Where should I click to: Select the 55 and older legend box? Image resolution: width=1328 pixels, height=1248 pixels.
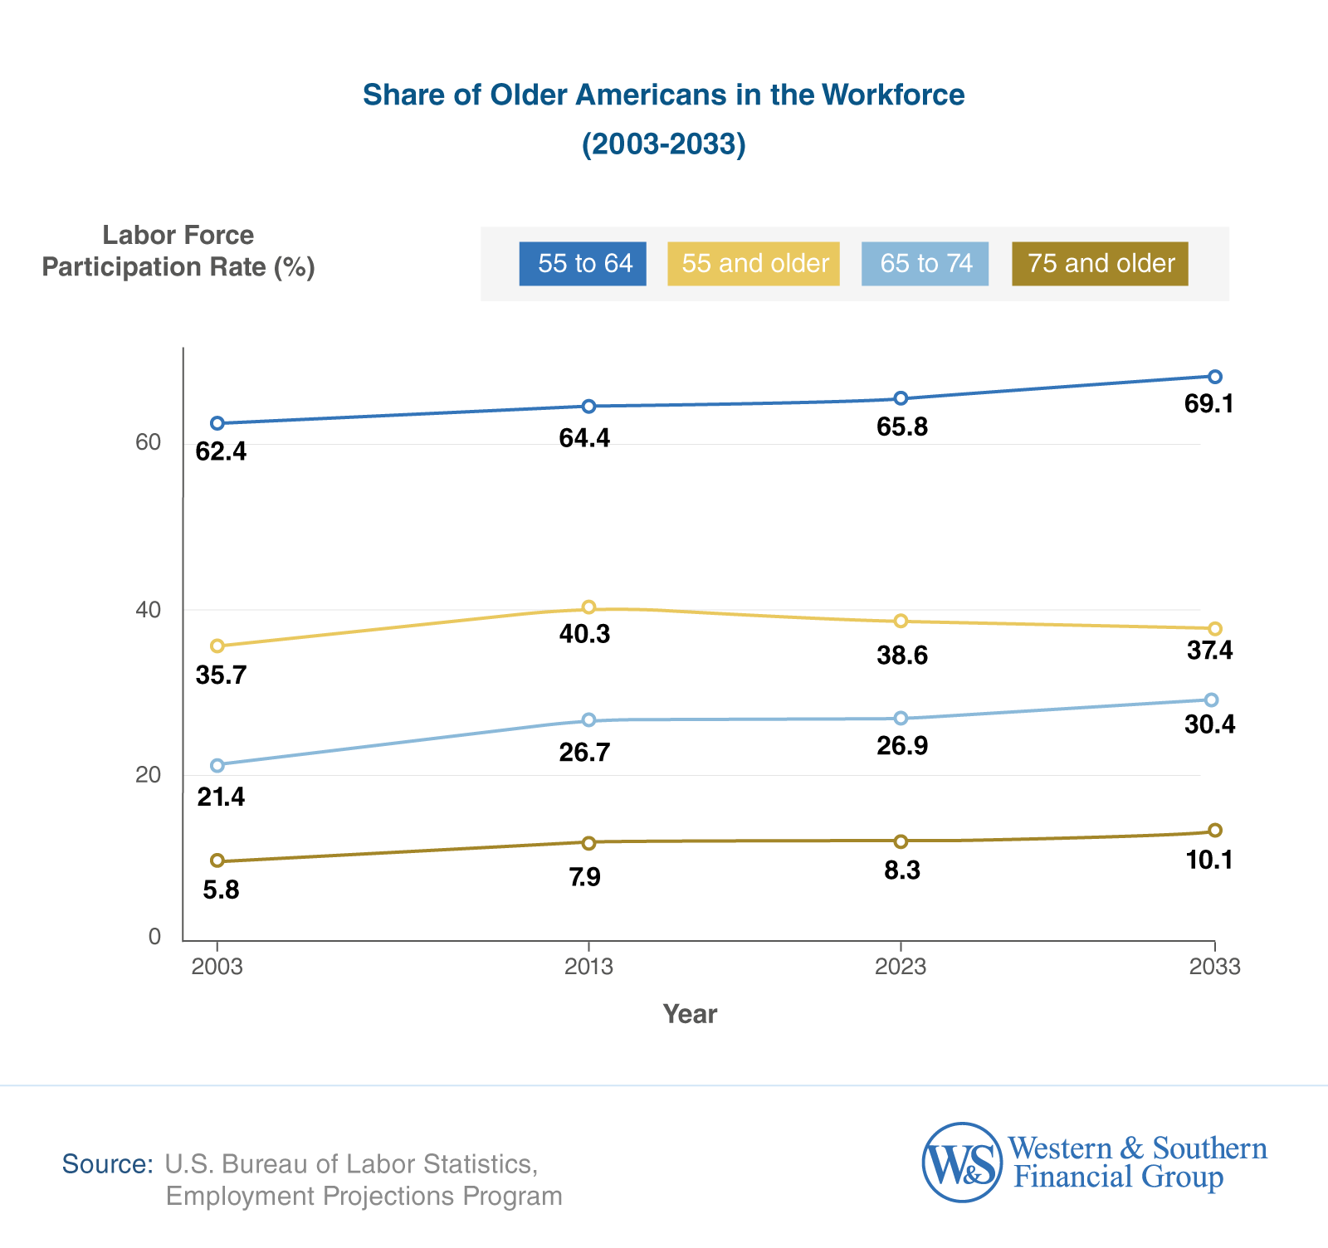[754, 264]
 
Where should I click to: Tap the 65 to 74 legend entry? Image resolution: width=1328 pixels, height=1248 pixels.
[925, 264]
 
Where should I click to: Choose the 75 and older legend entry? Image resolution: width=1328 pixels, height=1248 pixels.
[1100, 264]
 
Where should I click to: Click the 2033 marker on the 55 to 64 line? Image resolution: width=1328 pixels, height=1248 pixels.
[1214, 377]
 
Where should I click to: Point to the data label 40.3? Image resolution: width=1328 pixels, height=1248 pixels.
[584, 635]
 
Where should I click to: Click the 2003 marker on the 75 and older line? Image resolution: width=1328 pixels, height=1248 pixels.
[217, 861]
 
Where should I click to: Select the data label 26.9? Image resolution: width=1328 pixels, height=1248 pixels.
[902, 746]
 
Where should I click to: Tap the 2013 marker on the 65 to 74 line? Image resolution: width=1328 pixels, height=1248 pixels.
[588, 719]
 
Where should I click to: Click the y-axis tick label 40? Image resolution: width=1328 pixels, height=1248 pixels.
[148, 610]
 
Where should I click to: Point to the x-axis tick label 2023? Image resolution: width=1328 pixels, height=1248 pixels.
[901, 967]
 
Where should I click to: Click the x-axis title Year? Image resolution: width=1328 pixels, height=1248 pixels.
[690, 1014]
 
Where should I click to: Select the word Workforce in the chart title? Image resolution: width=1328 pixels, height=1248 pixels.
[893, 95]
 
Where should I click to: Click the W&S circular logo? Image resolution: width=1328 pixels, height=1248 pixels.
[962, 1163]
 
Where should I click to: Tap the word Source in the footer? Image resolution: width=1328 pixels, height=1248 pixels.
[107, 1164]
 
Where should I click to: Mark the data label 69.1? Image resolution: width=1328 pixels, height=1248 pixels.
[1209, 405]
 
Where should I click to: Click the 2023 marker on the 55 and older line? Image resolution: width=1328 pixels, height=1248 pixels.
[901, 622]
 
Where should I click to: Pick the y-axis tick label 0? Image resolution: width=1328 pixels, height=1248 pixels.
[154, 937]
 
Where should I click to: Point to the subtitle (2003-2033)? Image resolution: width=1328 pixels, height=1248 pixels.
[663, 144]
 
